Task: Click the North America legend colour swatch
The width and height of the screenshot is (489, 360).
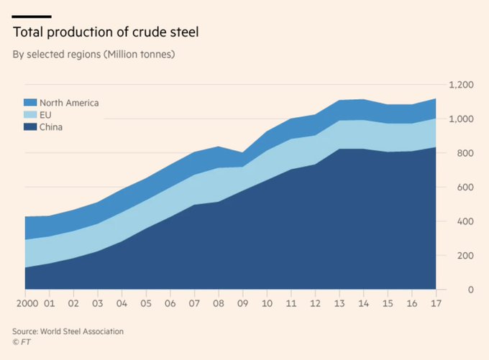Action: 29,103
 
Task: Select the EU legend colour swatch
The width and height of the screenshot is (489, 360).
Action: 29,115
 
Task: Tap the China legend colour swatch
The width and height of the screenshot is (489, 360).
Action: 29,127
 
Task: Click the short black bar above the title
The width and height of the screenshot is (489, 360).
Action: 32,16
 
